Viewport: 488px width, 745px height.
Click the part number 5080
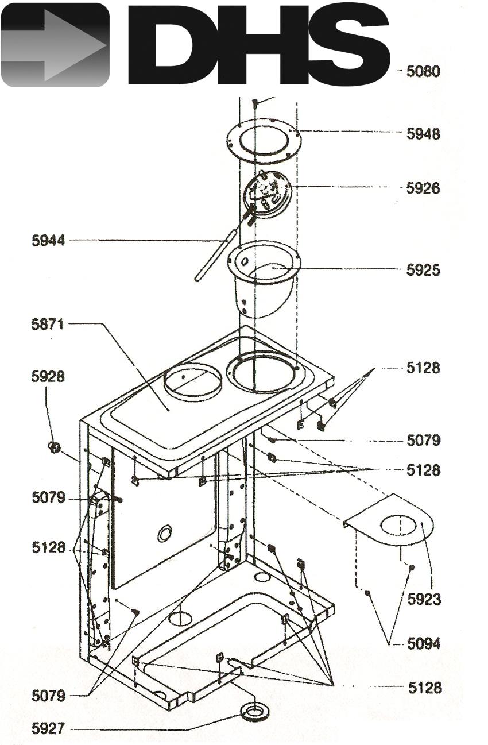pos(423,71)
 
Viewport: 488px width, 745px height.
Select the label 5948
pos(423,134)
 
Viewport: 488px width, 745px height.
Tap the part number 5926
pos(423,188)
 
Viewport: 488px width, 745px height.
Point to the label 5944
pos(48,241)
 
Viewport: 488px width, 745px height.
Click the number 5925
pos(423,270)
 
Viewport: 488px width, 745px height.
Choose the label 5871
pos(48,324)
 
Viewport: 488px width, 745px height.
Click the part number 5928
pos(48,376)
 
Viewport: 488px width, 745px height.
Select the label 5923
pos(424,599)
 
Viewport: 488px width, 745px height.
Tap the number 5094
pos(424,643)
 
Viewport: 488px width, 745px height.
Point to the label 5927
pos(48,728)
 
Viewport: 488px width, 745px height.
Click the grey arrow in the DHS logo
pos(55,45)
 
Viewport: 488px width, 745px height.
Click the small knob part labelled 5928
pos(55,447)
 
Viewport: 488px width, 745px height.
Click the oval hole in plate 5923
pos(398,525)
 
